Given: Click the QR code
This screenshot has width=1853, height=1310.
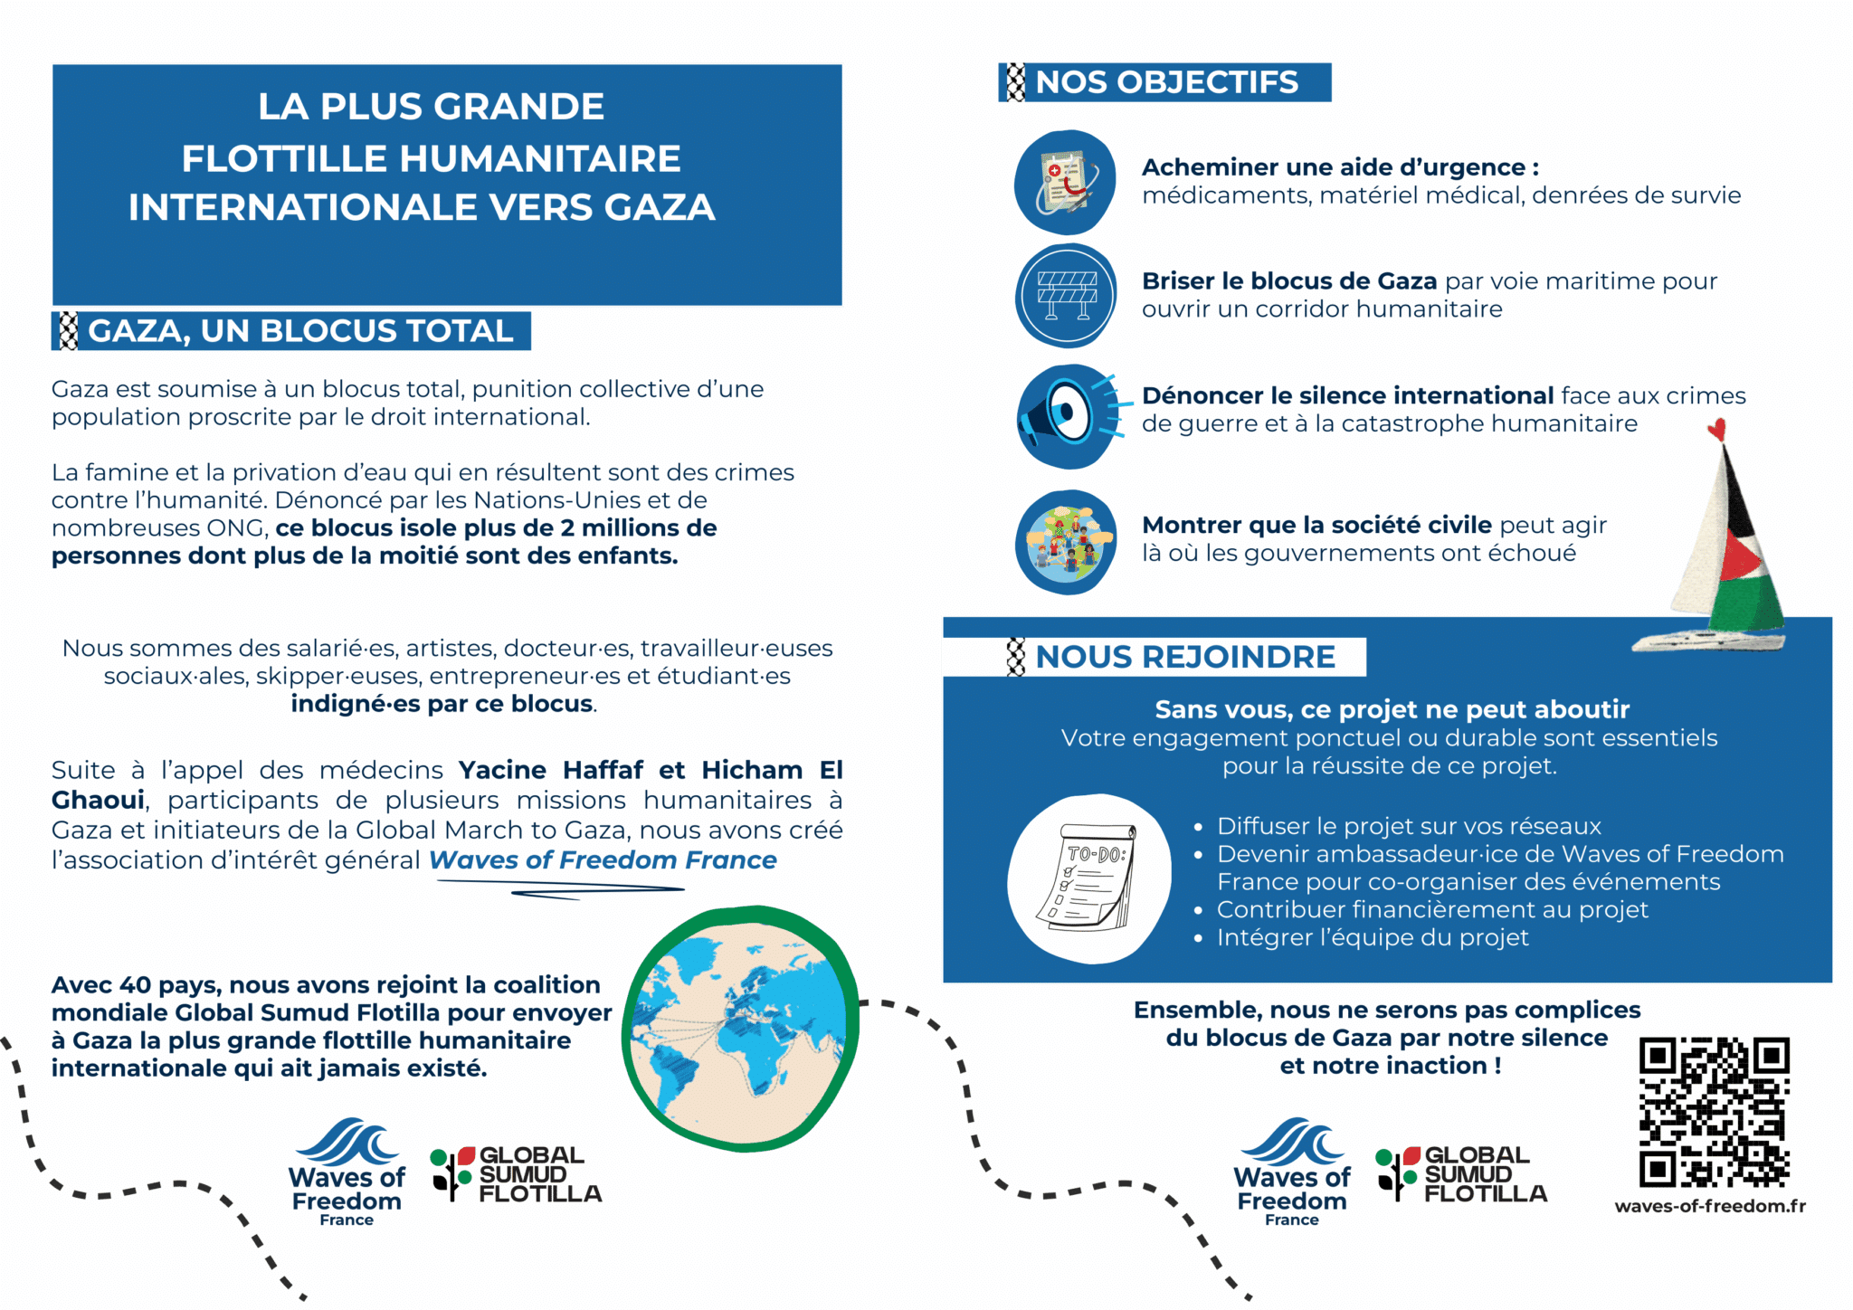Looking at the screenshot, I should coord(1714,1112).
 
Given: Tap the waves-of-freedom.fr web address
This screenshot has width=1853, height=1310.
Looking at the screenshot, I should coord(1709,1206).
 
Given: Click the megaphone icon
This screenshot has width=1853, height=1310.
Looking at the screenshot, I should coord(1067,417).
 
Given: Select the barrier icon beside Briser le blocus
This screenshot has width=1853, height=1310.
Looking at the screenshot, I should coord(1067,295).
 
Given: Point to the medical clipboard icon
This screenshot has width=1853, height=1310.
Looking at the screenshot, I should coord(1067,183).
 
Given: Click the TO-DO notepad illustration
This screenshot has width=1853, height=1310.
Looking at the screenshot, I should coord(1089,878).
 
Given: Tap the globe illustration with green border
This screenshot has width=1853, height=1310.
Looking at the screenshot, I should coord(739,1028).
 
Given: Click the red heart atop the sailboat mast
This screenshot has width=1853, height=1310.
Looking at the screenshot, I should coord(1716,429).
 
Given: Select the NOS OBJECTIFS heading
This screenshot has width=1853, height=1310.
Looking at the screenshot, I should coord(1165,82).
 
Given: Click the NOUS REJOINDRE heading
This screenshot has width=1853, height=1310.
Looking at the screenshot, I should coord(1184,657).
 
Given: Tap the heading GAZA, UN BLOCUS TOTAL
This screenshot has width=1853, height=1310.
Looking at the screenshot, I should coord(300,331).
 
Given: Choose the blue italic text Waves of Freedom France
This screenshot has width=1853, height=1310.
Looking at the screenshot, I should coord(603,859).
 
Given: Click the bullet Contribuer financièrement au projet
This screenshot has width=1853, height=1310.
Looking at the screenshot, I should coord(1431,909).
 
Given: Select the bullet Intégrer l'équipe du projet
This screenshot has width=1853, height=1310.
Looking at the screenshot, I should coord(1372,937).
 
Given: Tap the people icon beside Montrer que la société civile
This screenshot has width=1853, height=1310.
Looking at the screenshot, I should coord(1067,542).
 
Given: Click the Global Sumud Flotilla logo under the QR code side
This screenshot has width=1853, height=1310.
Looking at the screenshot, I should coord(1460,1173).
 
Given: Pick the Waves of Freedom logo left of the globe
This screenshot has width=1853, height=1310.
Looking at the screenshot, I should coord(347,1172).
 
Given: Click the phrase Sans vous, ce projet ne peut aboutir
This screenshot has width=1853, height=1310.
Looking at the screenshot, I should coord(1392,709).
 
